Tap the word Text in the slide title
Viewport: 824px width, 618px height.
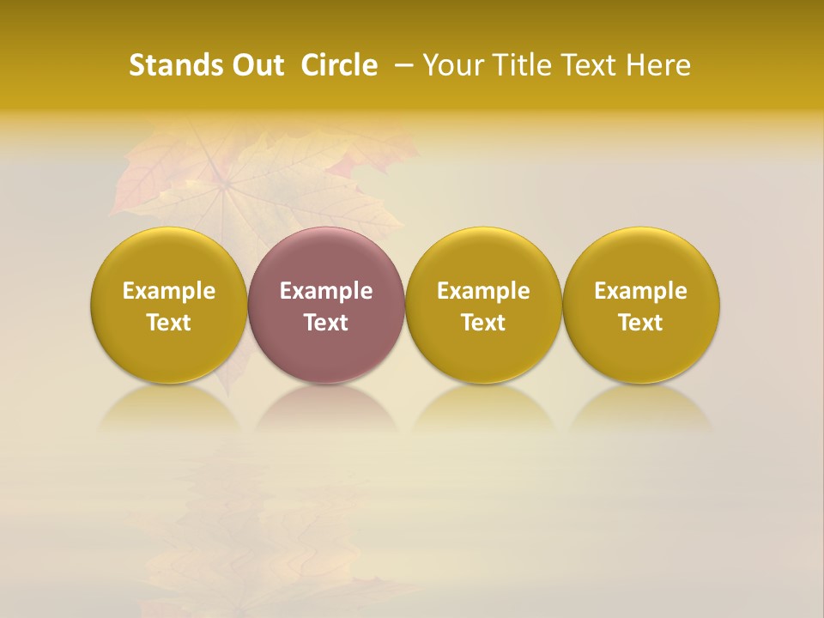pyautogui.click(x=590, y=65)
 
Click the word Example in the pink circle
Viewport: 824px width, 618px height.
pyautogui.click(x=326, y=291)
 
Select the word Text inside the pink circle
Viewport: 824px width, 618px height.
pyautogui.click(x=326, y=323)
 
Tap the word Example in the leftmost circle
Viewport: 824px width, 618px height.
pyautogui.click(x=169, y=291)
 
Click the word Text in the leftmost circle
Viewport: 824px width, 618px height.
pyautogui.click(x=169, y=323)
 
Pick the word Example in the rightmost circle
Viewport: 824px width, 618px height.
pyautogui.click(x=641, y=291)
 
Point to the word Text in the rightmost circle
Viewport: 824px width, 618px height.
pyautogui.click(x=641, y=323)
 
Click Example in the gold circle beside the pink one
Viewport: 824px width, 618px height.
pyautogui.click(x=483, y=291)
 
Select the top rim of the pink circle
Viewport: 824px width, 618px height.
pyautogui.click(x=326, y=230)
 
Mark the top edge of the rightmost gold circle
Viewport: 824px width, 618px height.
pyautogui.click(x=641, y=230)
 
